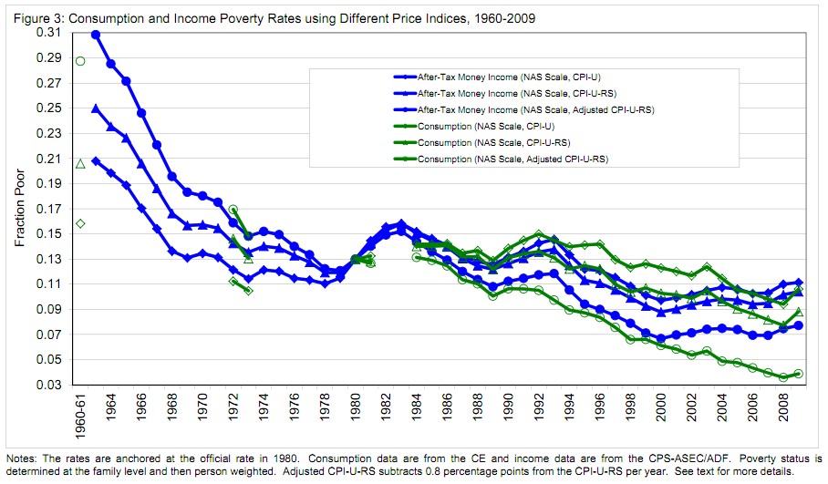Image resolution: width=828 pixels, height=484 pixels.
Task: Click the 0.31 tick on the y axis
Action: point(48,33)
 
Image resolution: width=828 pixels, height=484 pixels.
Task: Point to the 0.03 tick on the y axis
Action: point(48,386)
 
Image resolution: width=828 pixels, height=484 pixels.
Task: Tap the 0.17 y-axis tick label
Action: point(48,209)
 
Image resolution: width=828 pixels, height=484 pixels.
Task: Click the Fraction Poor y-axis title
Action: point(20,210)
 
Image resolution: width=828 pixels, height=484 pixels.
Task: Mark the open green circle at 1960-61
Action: point(80,61)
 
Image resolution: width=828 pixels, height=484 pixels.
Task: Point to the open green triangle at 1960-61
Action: point(80,164)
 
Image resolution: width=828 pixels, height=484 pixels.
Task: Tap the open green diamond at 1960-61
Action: point(80,223)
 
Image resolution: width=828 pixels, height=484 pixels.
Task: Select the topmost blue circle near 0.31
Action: point(96,35)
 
